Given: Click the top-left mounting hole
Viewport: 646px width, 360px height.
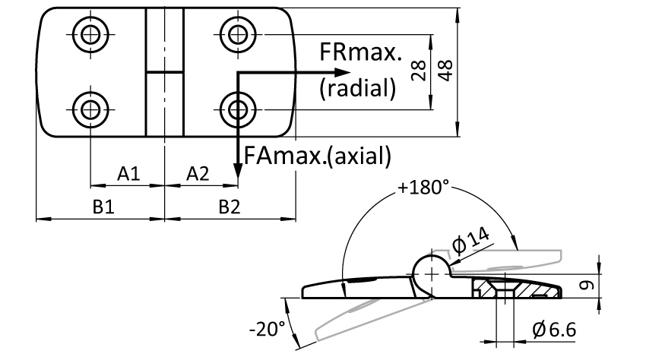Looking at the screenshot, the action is [x=90, y=34].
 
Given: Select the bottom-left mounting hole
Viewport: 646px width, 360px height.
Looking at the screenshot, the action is [x=90, y=110].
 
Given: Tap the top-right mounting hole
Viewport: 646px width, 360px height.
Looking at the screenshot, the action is [x=238, y=34].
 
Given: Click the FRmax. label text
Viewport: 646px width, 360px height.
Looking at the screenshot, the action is [x=360, y=52].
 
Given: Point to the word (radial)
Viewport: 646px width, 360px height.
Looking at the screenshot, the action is [x=358, y=88].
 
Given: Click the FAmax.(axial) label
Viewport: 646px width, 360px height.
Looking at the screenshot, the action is [x=317, y=156].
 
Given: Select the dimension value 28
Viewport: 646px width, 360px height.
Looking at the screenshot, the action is [x=419, y=71].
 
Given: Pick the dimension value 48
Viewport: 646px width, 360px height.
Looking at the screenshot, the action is [x=445, y=71].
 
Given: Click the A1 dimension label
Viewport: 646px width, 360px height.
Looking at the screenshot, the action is [x=128, y=174].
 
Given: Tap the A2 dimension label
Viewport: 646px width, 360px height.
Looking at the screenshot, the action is [x=198, y=174].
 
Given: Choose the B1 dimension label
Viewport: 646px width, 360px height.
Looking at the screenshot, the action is [x=103, y=207].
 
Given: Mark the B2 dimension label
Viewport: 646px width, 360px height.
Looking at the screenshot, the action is [x=229, y=207].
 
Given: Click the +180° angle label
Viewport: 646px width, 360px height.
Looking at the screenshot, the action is [x=423, y=188].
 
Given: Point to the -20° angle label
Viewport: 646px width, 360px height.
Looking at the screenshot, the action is [x=267, y=329].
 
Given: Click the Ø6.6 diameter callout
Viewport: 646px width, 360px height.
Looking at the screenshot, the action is [x=554, y=330].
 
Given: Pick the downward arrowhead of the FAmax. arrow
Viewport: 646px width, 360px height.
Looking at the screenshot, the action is [x=238, y=171].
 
